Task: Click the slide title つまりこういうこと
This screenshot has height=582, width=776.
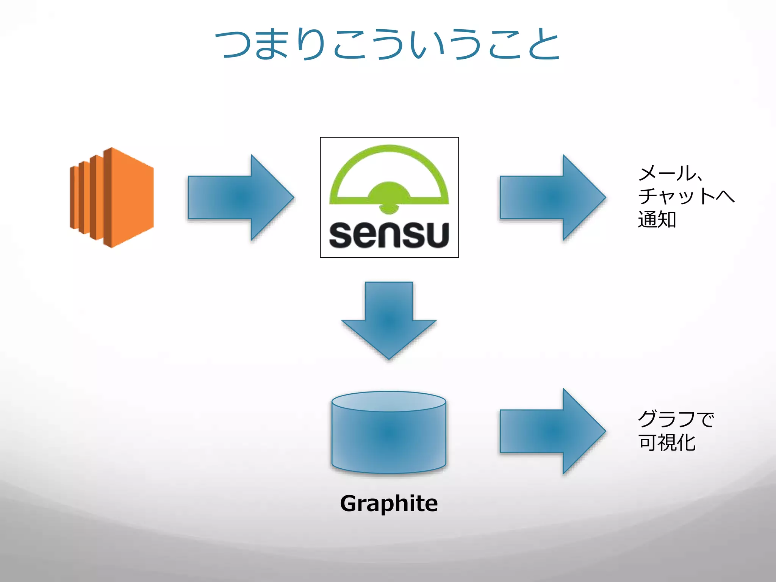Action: pos(387,45)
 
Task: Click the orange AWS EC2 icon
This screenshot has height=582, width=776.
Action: pos(112,197)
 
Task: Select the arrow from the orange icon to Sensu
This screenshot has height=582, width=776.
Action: pos(240,197)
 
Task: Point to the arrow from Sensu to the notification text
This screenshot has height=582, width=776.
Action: pos(552,197)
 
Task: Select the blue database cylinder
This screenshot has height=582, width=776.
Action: pos(389,436)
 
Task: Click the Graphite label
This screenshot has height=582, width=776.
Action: pos(389,503)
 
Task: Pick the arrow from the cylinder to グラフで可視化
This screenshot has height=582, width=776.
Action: pos(552,431)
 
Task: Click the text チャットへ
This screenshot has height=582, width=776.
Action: pos(686,196)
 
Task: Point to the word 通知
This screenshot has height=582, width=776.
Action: pos(657,219)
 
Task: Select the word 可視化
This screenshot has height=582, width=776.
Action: pos(667,443)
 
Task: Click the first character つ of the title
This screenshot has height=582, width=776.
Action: pos(233,45)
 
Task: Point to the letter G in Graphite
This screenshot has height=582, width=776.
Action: pos(349,503)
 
